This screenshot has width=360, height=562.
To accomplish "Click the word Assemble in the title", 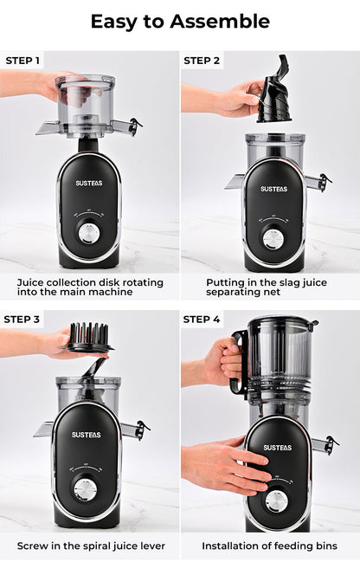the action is click(x=220, y=21).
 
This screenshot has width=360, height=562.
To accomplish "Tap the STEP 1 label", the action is click(x=22, y=61).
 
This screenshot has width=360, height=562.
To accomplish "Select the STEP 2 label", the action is click(x=202, y=61).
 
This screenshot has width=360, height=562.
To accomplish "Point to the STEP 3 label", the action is click(x=22, y=319).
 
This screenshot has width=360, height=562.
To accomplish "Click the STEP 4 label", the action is click(x=202, y=319).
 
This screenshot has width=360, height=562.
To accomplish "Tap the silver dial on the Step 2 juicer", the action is click(x=273, y=239).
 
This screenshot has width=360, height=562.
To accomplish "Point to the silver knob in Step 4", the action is click(x=276, y=501).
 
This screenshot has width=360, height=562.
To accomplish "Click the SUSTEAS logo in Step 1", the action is click(x=89, y=184).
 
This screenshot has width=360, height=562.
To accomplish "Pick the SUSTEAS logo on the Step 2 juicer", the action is click(x=273, y=189).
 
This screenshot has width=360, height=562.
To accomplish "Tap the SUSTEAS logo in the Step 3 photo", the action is click(x=86, y=435).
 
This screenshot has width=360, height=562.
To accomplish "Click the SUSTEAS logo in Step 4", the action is click(x=278, y=448).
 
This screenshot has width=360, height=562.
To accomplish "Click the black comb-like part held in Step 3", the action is click(x=89, y=338).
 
